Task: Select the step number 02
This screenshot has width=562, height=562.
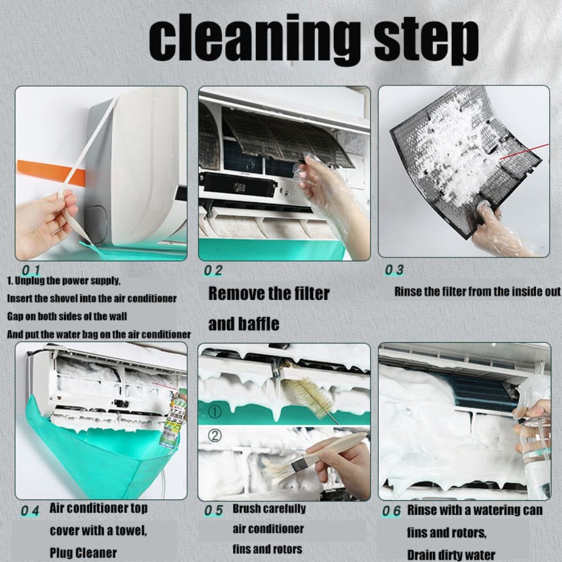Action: (213, 270)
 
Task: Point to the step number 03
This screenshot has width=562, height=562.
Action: (394, 270)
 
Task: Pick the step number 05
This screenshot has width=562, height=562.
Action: (213, 510)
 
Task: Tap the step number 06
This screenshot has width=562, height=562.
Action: (391, 511)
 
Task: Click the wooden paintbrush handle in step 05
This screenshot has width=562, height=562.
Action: (337, 447)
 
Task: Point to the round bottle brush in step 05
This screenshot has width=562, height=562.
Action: (307, 393)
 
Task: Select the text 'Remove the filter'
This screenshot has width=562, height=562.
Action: (269, 293)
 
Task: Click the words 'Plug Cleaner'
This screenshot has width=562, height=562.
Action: (83, 552)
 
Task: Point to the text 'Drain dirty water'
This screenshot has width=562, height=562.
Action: (451, 554)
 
